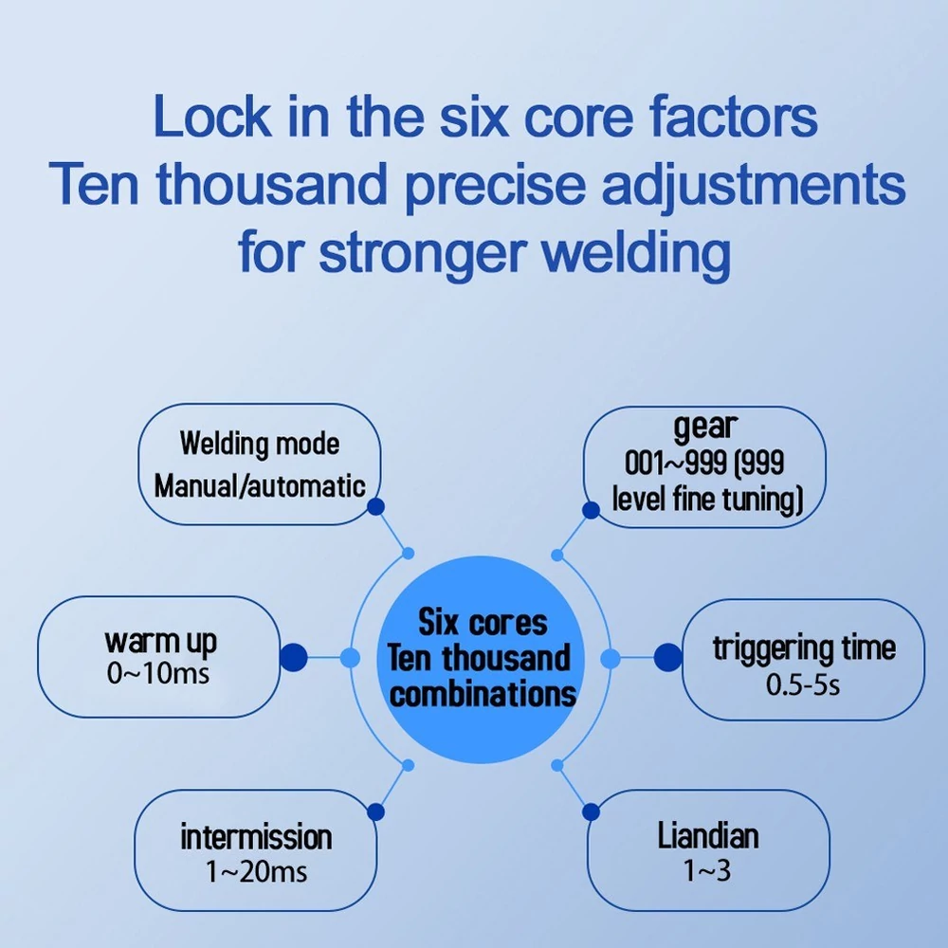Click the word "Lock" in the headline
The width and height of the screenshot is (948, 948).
coord(212,116)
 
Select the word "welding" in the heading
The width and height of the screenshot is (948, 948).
coord(636,253)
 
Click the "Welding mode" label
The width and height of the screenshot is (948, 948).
coord(260,443)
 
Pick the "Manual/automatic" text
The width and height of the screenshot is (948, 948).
coord(260,485)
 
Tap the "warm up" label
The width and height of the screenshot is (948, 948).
coord(160,642)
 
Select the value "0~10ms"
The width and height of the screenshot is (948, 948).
coord(158,673)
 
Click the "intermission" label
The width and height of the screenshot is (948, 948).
coord(256,837)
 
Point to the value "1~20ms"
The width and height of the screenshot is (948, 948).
coord(256,871)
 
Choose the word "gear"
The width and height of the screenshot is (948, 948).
coord(705,427)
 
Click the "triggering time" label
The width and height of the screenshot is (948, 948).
coord(804,648)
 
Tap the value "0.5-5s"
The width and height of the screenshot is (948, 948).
coord(803,684)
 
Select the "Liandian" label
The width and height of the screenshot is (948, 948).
coord(708,836)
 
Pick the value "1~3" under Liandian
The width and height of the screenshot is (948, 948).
coord(707,870)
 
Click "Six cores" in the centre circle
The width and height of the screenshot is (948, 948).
coord(483,623)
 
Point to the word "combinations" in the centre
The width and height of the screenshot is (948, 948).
coord(483,694)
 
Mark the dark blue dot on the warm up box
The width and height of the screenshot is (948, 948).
coord(294,657)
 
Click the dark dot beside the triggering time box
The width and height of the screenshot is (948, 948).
coord(668,657)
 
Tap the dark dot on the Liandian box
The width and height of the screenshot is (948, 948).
coord(591,812)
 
